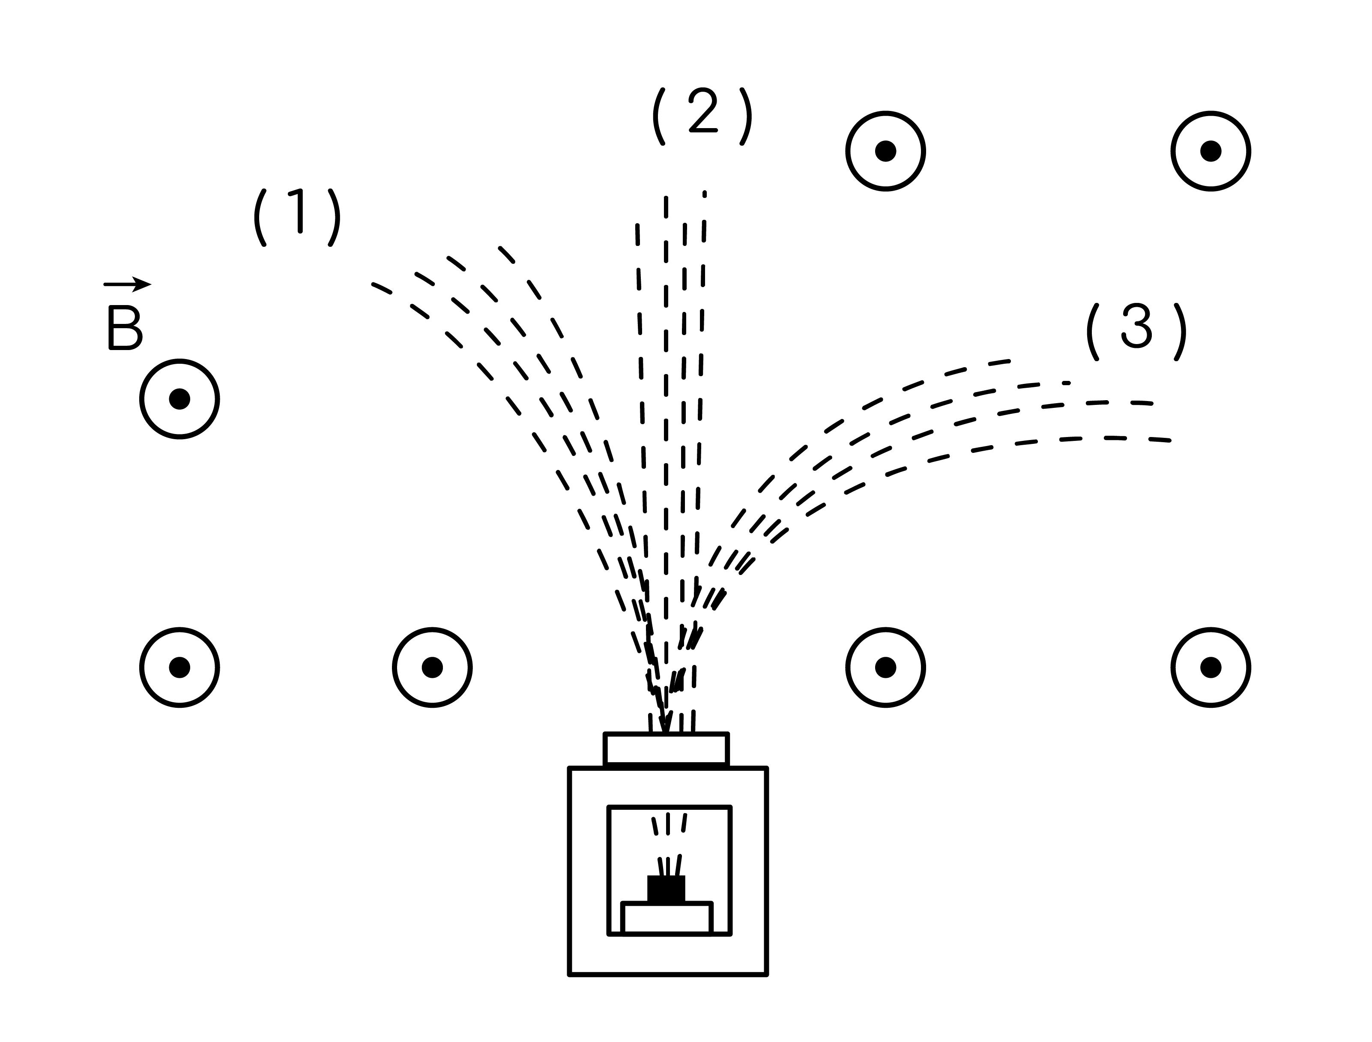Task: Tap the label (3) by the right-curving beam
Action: pos(1136,332)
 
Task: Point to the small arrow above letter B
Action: pos(127,284)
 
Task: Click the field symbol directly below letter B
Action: pos(179,399)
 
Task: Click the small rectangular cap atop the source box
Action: pos(666,750)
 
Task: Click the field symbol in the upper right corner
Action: pos(1211,151)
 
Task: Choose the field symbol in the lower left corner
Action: pos(179,668)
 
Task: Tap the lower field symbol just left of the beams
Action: pos(432,668)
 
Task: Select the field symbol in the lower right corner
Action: pos(1211,668)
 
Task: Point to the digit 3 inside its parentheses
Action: pos(1137,326)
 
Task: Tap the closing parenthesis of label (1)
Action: pos(334,218)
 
